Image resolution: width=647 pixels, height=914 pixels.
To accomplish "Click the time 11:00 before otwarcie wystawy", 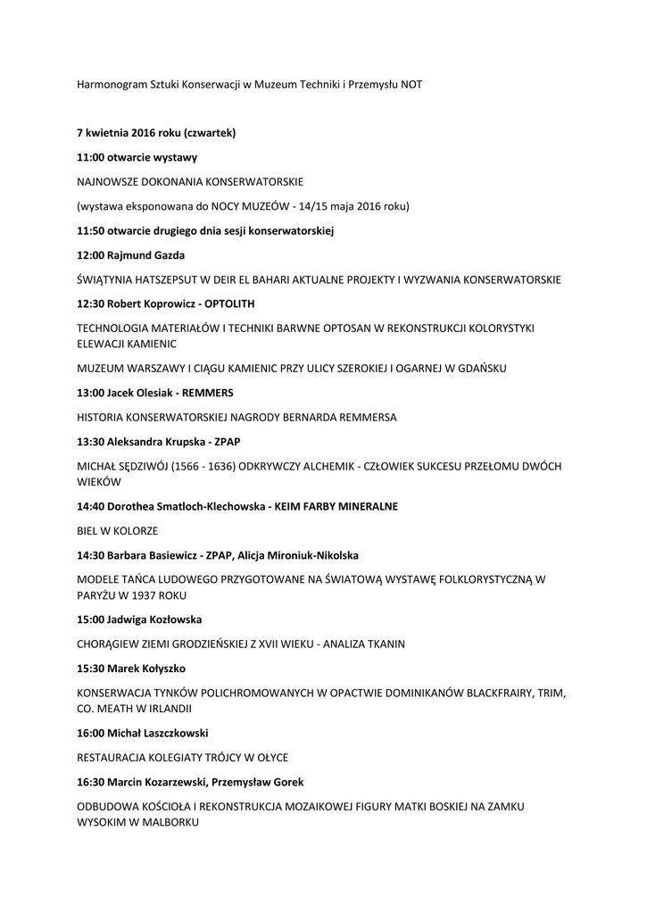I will click(x=91, y=157).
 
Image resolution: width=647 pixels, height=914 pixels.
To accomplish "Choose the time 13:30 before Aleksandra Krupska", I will click(x=91, y=442).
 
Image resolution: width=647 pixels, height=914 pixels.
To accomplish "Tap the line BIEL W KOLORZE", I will click(x=117, y=530).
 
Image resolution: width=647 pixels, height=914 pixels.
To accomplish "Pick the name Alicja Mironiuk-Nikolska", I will click(x=299, y=554).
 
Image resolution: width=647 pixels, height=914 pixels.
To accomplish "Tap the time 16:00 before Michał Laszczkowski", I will click(x=91, y=733).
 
